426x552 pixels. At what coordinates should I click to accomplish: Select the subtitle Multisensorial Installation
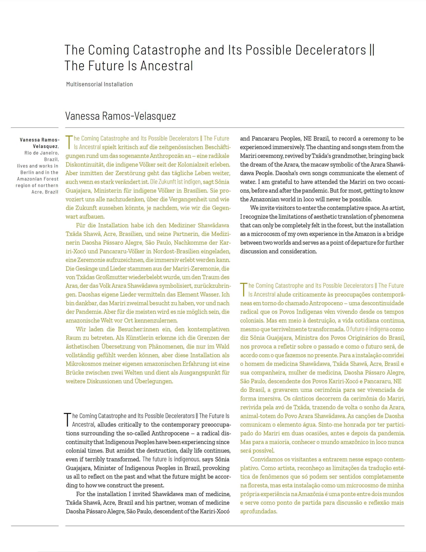[99, 84]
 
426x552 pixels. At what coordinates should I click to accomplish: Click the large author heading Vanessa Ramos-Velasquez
[120, 116]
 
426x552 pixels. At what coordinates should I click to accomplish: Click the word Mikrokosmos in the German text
[83, 364]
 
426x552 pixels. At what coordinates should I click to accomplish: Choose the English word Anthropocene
[170, 433]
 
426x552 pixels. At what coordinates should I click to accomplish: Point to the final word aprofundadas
[259, 511]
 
